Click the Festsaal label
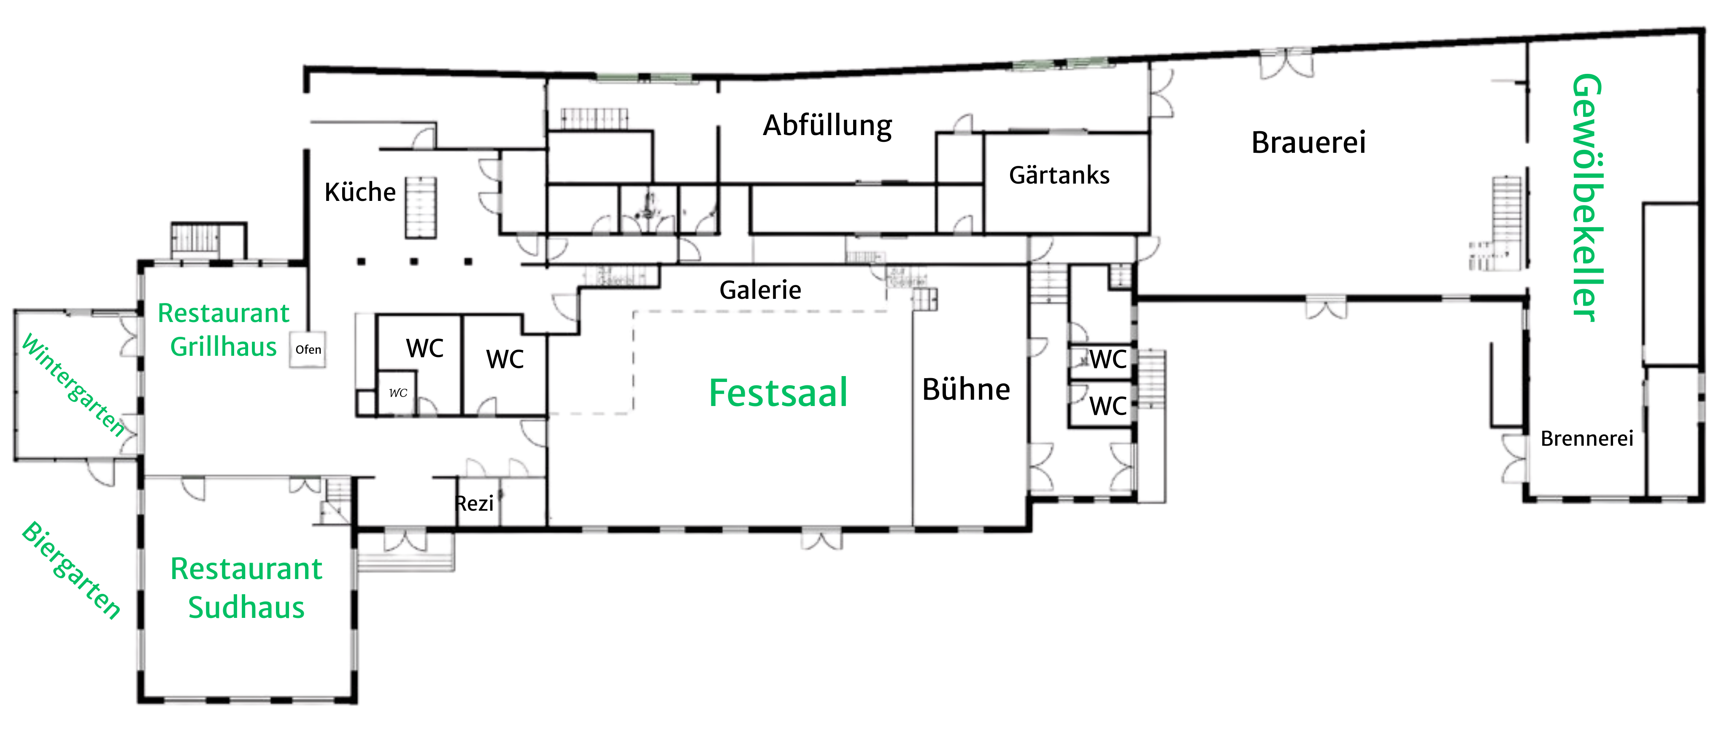pos(778,393)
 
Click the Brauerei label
pos(1308,142)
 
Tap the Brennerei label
pos(1587,439)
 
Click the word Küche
pos(360,192)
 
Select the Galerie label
pos(760,290)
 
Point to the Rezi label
pos(474,504)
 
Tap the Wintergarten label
pos(73,386)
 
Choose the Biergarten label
pos(72,571)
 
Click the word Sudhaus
pos(246,607)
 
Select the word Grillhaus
pos(224,347)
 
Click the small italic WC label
pos(397,393)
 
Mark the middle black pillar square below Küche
pos(414,261)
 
